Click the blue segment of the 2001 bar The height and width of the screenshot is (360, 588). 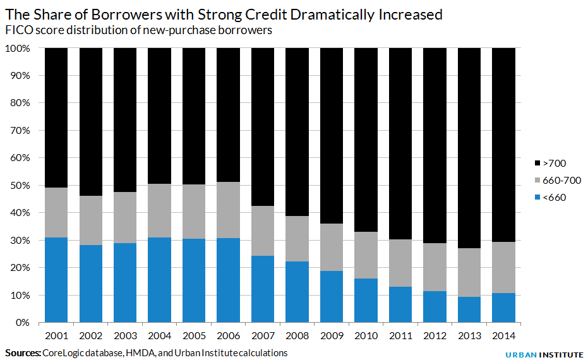click(56, 280)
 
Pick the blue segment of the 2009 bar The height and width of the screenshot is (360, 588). click(332, 297)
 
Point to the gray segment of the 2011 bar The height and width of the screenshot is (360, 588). click(400, 263)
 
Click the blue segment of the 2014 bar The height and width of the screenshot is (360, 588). click(504, 308)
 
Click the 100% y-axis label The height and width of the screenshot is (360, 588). click(20, 48)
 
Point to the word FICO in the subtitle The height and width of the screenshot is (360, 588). click(18, 31)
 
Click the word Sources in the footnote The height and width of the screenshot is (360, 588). click(22, 352)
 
